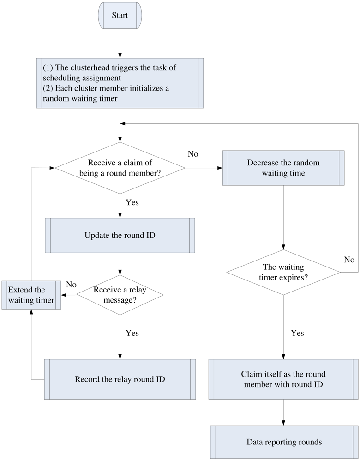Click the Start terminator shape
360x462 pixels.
tap(120, 16)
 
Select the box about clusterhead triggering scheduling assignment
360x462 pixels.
tap(120, 83)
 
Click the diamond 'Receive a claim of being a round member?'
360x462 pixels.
tap(120, 168)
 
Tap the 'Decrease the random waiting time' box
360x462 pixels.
tap(283, 168)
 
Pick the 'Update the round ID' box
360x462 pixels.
tap(120, 236)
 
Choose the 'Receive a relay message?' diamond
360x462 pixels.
tap(120, 295)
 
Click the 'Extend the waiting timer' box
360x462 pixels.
tap(31, 295)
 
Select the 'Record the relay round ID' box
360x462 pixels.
tap(120, 379)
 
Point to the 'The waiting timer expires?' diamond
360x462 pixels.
tap(283, 273)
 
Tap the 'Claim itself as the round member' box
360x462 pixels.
tap(283, 379)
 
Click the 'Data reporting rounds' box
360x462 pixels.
tap(283, 442)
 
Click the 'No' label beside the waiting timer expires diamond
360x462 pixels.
tap(349, 260)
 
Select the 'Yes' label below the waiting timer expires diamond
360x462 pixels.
tap(297, 333)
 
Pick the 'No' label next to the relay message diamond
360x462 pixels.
tap(71, 285)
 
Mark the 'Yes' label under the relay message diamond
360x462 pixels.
tap(132, 333)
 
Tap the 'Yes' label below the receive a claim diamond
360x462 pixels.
tap(132, 202)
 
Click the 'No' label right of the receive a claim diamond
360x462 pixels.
tap(193, 154)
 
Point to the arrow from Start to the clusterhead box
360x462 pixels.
tap(120, 44)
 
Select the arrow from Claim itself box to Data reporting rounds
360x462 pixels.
tap(283, 412)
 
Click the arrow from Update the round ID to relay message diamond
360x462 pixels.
tap(120, 264)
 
